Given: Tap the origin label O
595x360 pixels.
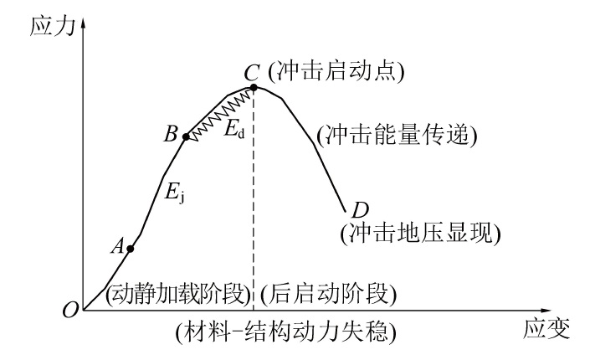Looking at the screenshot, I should point(70,311).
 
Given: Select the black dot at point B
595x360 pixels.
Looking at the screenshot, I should point(186,135).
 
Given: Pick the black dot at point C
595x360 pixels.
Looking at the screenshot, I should point(254,86).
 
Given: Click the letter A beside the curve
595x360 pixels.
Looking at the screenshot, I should point(117,246).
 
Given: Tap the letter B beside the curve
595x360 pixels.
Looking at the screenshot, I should point(172,134).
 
